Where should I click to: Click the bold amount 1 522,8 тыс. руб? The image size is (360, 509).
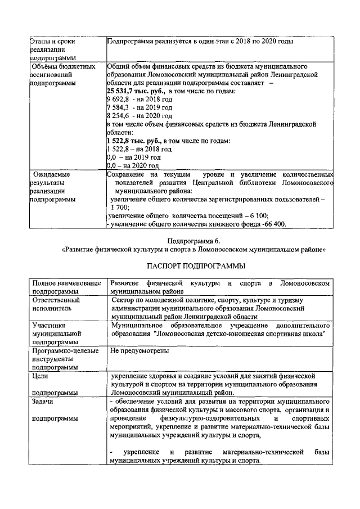coord(133,141)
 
